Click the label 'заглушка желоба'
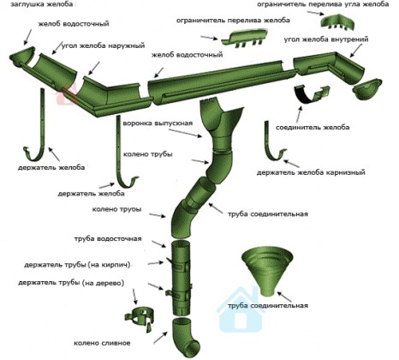42,4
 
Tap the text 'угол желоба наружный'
104,45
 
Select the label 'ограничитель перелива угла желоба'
323,4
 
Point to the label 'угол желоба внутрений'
326,39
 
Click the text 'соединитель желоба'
313,127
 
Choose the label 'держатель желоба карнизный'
311,172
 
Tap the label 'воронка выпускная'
158,123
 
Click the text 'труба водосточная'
108,238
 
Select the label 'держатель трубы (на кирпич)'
77,265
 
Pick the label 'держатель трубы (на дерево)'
71,283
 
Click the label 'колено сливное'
102,343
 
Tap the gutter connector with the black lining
312,94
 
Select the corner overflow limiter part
339,22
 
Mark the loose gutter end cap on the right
367,89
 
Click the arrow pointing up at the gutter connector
298,115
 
